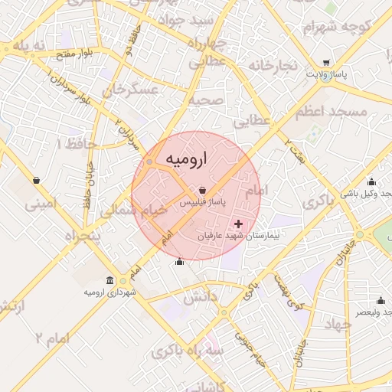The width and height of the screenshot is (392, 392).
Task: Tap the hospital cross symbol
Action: (239, 224)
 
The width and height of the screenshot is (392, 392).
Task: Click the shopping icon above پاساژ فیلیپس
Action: (202, 190)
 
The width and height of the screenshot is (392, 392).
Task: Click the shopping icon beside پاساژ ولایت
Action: (327, 64)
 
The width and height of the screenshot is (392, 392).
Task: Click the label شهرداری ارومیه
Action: (110, 292)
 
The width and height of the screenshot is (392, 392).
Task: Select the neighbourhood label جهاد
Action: (337, 324)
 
